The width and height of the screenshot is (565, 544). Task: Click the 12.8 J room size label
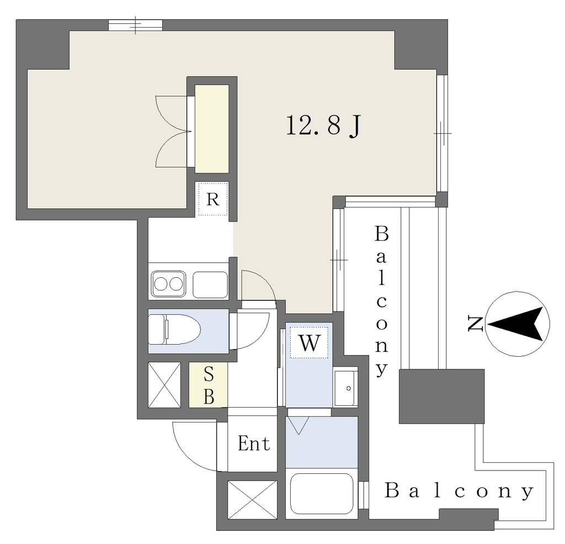pyautogui.click(x=323, y=126)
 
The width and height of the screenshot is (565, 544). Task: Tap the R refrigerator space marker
pyautogui.click(x=212, y=199)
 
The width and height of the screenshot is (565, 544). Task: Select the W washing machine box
pyautogui.click(x=309, y=343)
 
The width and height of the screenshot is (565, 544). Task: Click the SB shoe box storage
pyautogui.click(x=208, y=385)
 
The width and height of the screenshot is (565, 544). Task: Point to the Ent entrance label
pyautogui.click(x=254, y=443)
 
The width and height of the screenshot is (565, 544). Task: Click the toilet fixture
pyautogui.click(x=174, y=329)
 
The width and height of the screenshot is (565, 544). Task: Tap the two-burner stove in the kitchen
pyautogui.click(x=168, y=284)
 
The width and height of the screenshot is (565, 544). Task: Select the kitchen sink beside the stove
pyautogui.click(x=210, y=284)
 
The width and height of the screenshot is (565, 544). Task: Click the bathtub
pyautogui.click(x=322, y=494)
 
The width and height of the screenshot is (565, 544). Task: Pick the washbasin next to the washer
pyautogui.click(x=345, y=388)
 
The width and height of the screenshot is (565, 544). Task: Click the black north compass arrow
pyautogui.click(x=516, y=324)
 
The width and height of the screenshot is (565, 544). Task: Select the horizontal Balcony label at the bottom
pyautogui.click(x=459, y=490)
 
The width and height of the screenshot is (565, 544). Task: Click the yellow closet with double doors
pyautogui.click(x=212, y=129)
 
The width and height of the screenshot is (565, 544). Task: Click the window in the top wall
pyautogui.click(x=136, y=25)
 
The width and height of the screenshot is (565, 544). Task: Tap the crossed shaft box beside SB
pyautogui.click(x=164, y=385)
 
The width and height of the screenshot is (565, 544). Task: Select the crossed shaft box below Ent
pyautogui.click(x=253, y=500)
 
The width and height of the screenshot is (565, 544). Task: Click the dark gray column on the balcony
pyautogui.click(x=441, y=396)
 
